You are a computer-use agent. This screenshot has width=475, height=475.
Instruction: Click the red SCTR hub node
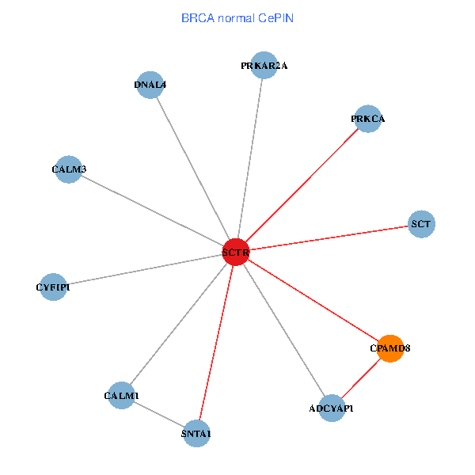pyautogui.click(x=236, y=253)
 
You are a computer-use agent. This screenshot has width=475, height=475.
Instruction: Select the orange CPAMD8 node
pyautogui.click(x=390, y=348)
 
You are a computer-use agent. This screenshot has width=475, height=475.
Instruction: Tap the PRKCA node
pyautogui.click(x=368, y=119)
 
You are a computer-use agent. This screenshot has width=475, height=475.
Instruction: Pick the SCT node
pyautogui.click(x=421, y=224)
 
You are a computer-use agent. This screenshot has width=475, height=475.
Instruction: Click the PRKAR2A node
pyautogui.click(x=264, y=66)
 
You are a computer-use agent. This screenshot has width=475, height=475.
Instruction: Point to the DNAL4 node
pyautogui.click(x=150, y=85)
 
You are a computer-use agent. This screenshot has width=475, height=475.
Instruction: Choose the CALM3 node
pyautogui.click(x=70, y=169)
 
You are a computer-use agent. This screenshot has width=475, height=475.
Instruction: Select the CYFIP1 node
pyautogui.click(x=53, y=287)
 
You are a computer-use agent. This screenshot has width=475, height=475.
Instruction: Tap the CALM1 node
pyautogui.click(x=121, y=395)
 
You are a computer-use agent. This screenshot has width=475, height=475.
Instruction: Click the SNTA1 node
pyautogui.click(x=196, y=433)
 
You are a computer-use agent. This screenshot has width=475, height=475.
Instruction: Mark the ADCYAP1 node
pyautogui.click(x=332, y=408)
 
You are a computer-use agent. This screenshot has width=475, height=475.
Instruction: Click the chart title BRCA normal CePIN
pyautogui.click(x=237, y=17)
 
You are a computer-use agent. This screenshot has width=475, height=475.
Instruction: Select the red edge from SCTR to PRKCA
pyautogui.click(x=302, y=186)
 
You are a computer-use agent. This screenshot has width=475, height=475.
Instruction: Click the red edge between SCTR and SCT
pyautogui.click(x=329, y=238)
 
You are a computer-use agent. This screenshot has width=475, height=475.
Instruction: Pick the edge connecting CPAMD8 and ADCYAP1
pyautogui.click(x=361, y=378)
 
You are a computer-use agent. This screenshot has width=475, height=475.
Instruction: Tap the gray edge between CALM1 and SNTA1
pyautogui.click(x=158, y=414)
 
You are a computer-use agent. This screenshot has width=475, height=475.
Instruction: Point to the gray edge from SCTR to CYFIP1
pyautogui.click(x=144, y=270)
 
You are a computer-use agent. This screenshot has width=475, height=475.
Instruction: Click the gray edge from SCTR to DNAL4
pyautogui.click(x=192, y=169)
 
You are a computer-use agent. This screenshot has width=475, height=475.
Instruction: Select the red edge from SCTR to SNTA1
pyautogui.click(x=216, y=343)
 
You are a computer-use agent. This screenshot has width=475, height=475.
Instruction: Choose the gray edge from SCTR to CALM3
pyautogui.click(x=153, y=211)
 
